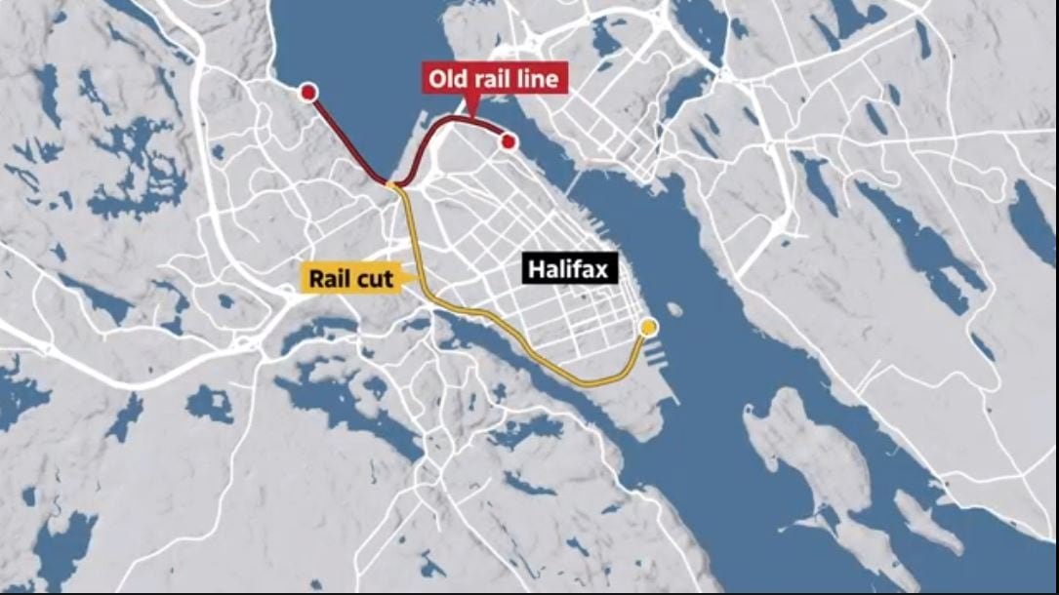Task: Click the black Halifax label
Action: pos(571,268)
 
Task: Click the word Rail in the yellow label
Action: pos(331,279)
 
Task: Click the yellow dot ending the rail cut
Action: pos(647,327)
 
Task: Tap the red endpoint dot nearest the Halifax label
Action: pos(508,142)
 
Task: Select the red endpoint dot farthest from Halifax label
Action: pos(308,93)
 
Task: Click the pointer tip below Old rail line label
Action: pos(471,115)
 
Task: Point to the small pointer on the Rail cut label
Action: pos(403,279)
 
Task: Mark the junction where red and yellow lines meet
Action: pos(392,183)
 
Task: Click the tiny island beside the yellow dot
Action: pos(674,310)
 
